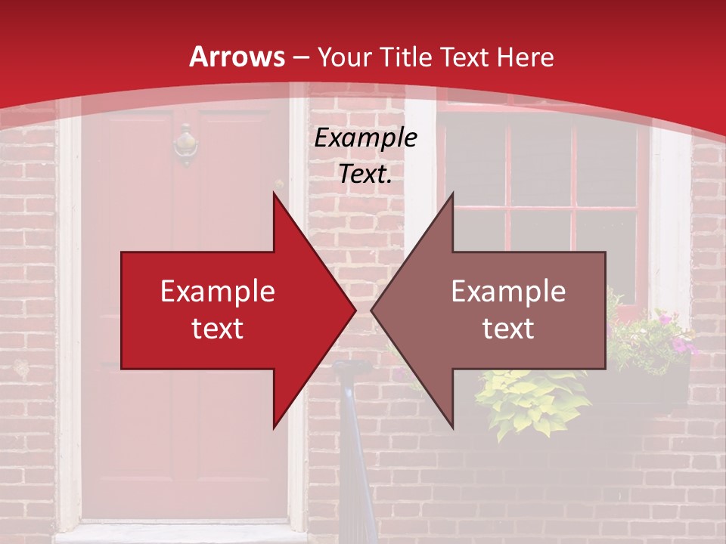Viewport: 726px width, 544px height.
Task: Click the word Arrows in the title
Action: pos(237,57)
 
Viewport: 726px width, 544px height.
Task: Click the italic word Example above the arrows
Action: pos(365,138)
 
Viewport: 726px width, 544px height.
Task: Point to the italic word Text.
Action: pos(365,174)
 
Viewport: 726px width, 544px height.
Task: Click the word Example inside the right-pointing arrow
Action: pos(218,292)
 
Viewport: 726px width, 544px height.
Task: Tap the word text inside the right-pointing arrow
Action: pos(218,329)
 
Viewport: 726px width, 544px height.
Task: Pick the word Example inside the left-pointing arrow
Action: pos(508,292)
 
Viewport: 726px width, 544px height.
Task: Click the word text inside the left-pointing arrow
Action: pos(508,329)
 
